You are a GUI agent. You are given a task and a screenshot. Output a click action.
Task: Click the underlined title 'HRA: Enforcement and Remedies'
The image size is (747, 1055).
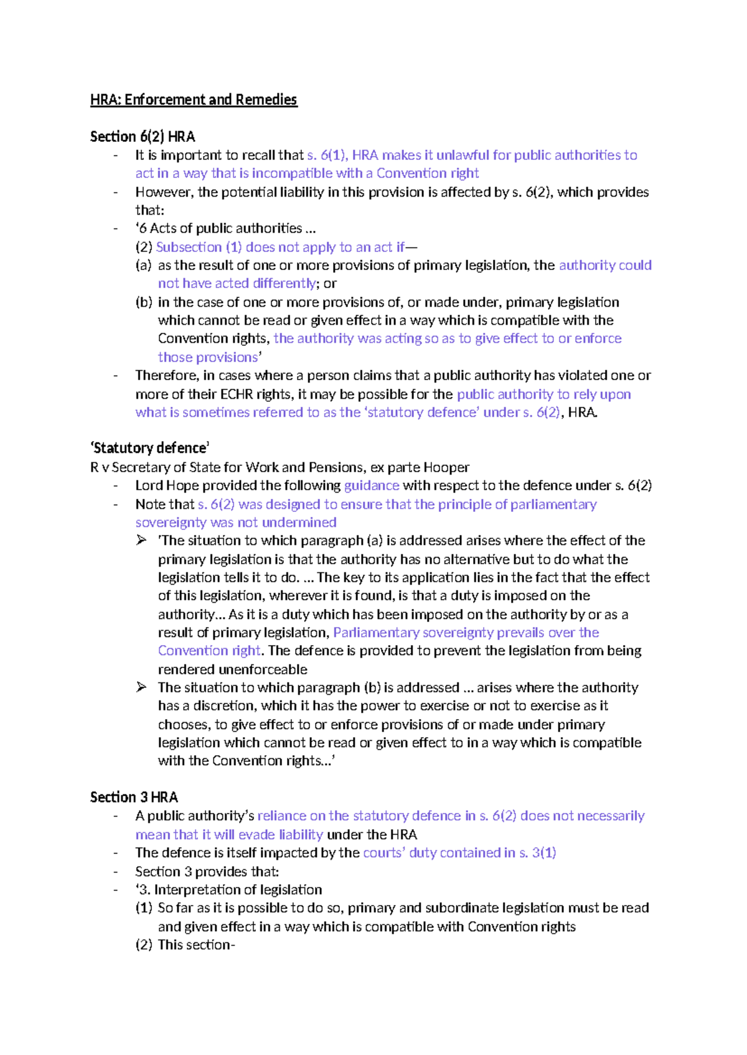click(x=194, y=100)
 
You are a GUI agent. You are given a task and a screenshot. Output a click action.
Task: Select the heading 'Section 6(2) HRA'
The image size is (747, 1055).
click(x=142, y=136)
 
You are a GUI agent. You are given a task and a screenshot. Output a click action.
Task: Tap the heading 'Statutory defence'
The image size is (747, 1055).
click(x=149, y=448)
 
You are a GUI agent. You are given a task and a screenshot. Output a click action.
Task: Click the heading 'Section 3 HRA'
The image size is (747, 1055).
click(x=134, y=797)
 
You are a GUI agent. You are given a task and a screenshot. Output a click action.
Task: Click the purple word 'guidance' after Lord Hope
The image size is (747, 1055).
click(x=372, y=485)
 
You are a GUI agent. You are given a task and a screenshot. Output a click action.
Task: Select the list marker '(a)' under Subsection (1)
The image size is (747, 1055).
click(x=143, y=265)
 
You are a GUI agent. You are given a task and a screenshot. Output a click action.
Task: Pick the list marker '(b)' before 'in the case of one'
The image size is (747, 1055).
click(x=144, y=302)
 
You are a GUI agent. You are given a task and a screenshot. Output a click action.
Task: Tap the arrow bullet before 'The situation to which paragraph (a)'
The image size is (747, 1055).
click(x=141, y=540)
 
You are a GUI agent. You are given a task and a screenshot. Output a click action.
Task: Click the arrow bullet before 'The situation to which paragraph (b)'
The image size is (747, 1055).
click(x=141, y=687)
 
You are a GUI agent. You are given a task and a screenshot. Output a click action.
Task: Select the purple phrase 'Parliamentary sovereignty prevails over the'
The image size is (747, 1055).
click(x=466, y=633)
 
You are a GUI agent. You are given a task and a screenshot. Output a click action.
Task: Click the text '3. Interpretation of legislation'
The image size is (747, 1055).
click(x=230, y=890)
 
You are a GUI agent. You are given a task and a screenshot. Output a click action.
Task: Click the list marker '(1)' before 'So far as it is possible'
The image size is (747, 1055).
click(x=143, y=908)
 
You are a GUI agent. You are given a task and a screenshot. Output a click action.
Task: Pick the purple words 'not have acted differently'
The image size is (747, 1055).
click(x=237, y=284)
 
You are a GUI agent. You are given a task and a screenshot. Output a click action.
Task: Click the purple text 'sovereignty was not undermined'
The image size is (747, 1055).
click(x=236, y=523)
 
